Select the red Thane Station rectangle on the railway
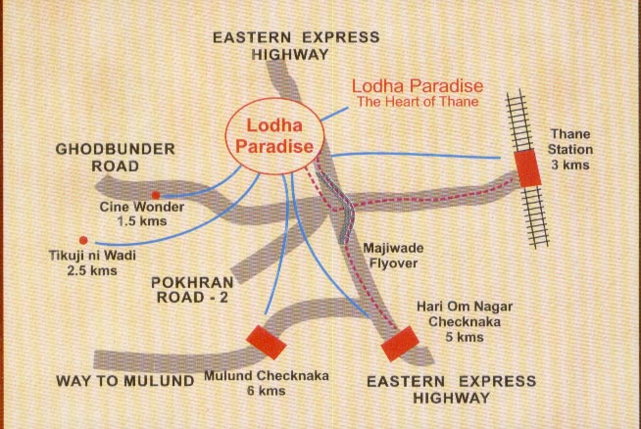527,167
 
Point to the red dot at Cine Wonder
155,196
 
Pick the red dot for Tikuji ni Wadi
82,240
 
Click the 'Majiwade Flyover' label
390,257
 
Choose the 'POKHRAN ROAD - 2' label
189,291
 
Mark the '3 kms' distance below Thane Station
570,166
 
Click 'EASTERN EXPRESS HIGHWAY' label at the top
297,46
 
